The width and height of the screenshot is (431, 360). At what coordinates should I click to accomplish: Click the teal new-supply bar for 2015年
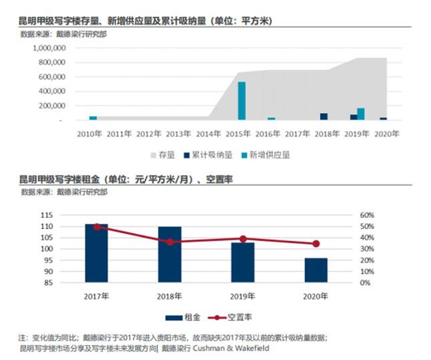[242, 101]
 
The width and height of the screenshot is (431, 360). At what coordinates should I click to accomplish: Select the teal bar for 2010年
[93, 118]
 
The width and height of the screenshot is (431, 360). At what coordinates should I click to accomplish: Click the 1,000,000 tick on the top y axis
[46, 48]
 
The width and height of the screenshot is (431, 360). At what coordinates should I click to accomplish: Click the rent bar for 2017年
[97, 253]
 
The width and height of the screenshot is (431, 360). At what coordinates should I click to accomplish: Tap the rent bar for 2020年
[316, 270]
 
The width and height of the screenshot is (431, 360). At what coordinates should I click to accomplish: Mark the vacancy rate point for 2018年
[170, 242]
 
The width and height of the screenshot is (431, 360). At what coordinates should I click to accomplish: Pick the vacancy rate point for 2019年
[243, 238]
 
